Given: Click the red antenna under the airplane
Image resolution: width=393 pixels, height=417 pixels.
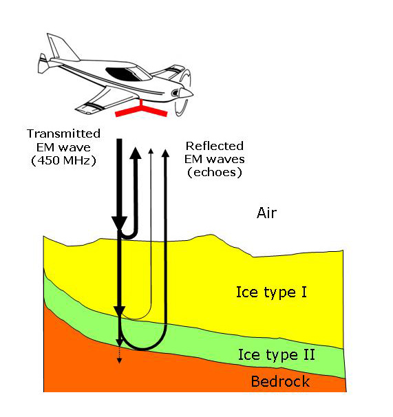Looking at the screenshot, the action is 141,110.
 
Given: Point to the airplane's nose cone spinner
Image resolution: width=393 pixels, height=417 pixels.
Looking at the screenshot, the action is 186,93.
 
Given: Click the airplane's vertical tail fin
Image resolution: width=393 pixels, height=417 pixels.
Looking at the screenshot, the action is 63,47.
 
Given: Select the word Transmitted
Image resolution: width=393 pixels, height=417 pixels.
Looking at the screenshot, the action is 63,133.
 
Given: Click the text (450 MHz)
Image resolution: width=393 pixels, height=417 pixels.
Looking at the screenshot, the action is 63,160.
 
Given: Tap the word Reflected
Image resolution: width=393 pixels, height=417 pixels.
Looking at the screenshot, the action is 215,146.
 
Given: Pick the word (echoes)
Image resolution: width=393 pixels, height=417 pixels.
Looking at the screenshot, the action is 215,172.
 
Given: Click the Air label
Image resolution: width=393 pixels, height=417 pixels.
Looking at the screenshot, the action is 266,213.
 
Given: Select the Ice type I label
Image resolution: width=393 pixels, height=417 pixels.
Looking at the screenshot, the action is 271,292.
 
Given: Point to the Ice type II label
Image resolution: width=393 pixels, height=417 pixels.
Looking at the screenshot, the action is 277,354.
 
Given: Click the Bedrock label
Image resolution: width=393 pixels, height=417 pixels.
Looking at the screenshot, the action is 280,381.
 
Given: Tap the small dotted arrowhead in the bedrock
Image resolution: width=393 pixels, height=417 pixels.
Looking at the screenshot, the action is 120,361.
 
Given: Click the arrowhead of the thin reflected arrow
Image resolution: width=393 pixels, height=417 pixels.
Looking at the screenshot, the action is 151,151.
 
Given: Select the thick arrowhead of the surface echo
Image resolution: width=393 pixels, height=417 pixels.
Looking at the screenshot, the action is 136,153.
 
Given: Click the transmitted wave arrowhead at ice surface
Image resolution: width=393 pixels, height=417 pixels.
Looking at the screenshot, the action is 120,223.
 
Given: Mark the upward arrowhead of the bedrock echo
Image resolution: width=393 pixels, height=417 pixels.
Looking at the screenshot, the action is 165,153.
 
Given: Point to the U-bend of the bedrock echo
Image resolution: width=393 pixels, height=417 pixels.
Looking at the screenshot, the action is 143,349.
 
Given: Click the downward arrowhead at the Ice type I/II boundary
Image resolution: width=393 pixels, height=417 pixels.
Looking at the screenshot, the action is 120,312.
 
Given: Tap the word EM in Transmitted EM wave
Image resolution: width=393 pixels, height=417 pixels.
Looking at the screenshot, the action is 45,147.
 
